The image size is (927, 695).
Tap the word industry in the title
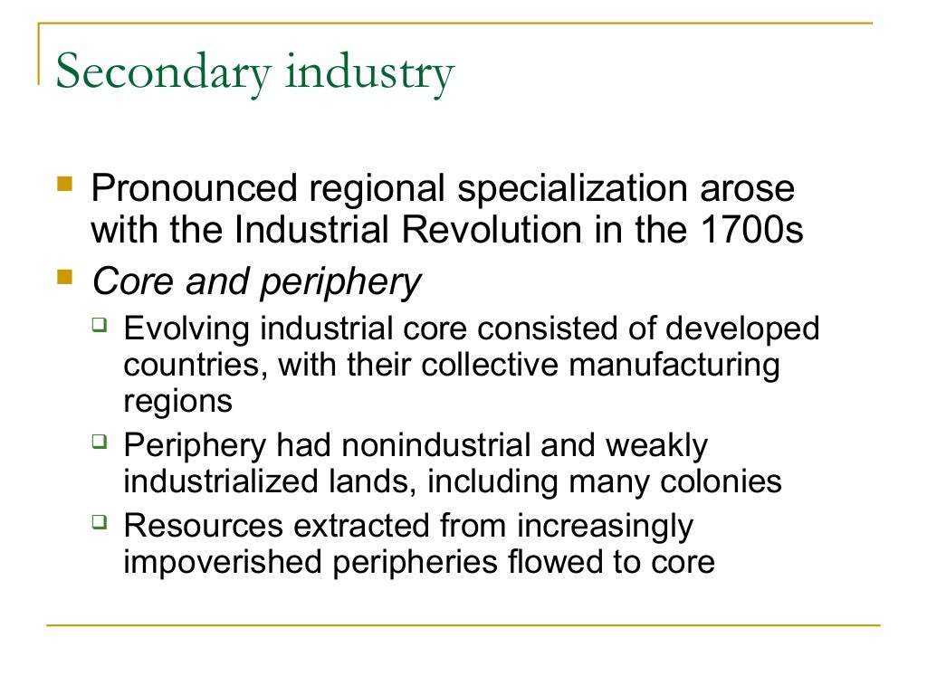(x=368, y=74)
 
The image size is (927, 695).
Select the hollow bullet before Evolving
(x=100, y=323)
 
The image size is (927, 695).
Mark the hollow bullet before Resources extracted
(x=100, y=520)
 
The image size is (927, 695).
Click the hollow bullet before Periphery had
(x=100, y=443)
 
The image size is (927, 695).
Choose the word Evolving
(x=186, y=327)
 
